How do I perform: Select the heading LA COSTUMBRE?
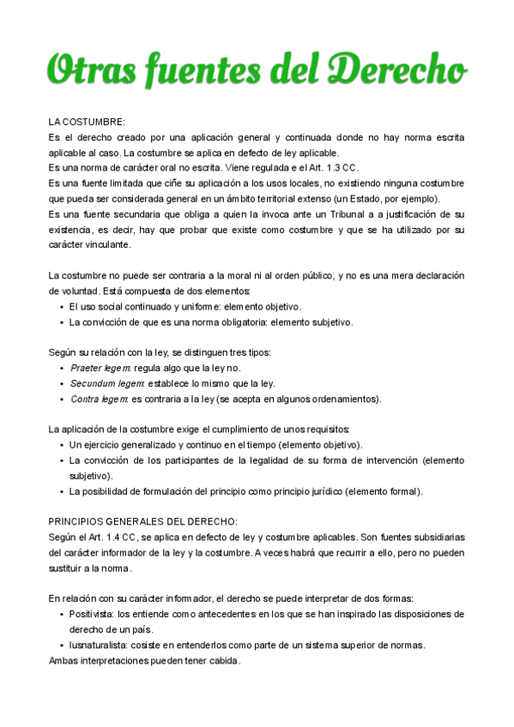click(87, 122)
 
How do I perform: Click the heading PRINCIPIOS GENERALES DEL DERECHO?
click(142, 520)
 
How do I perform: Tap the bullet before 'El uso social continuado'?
click(60, 306)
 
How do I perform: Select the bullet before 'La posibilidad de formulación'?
click(60, 491)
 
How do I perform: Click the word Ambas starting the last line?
click(64, 660)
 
